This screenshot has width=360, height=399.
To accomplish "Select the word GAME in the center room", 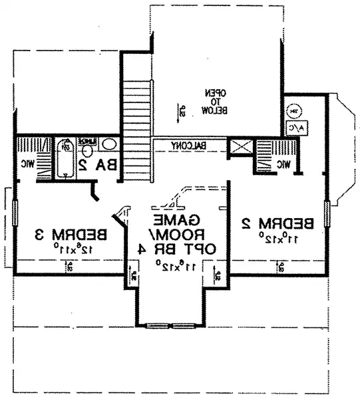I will tap(176, 219).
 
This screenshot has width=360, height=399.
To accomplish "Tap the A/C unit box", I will tap(293, 127).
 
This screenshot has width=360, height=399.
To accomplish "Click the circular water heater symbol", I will tap(294, 110).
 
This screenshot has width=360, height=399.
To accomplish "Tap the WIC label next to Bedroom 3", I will tap(25, 164).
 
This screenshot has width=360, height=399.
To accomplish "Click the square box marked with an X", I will tap(238, 148).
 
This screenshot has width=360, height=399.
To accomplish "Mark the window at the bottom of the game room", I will tap(172, 325).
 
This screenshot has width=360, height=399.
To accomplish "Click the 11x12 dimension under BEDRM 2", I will tap(269, 236).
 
